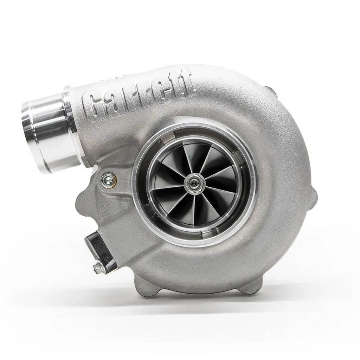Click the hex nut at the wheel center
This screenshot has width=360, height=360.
tap(193, 182)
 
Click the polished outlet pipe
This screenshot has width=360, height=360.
tap(49, 134)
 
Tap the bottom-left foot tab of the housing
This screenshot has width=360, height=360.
tap(148, 288)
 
